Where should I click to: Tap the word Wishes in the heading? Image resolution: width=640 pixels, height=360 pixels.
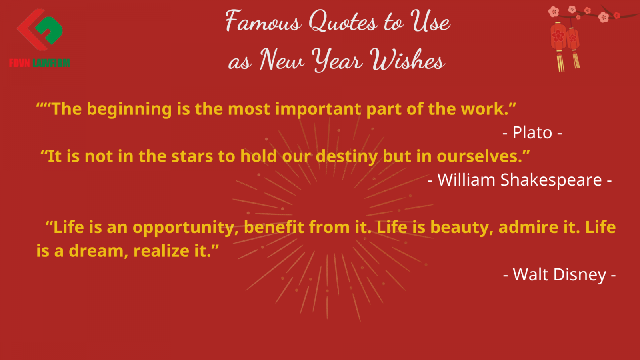[407, 60]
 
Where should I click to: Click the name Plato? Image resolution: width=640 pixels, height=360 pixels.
[532, 132]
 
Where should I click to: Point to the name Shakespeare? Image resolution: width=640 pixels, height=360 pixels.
[551, 180]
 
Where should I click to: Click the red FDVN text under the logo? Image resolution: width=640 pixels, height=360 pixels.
[20, 63]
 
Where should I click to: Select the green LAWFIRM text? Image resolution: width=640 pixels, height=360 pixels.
[51, 63]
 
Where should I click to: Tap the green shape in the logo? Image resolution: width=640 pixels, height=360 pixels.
[49, 30]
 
